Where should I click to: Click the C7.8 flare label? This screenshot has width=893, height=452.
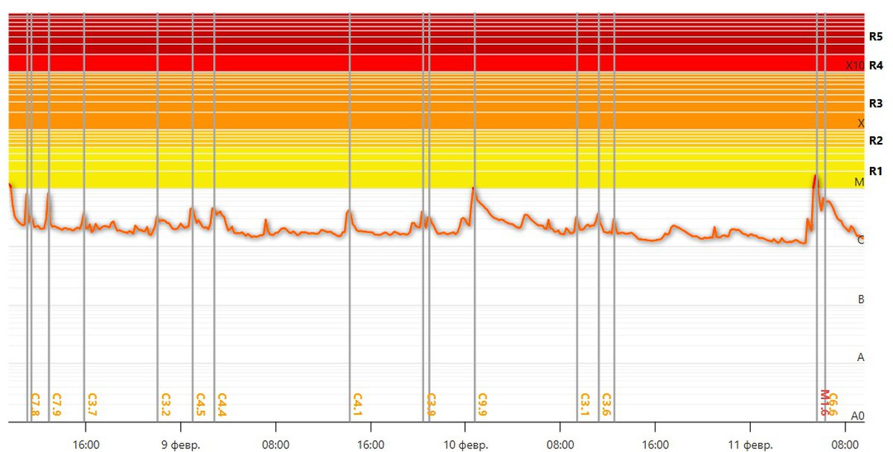tap(35, 404)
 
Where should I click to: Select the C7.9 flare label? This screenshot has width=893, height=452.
tap(56, 404)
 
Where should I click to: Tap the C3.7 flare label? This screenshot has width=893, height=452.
tap(92, 404)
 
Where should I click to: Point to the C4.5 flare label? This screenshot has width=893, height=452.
tap(200, 404)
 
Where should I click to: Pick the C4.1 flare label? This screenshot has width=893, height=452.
tap(357, 404)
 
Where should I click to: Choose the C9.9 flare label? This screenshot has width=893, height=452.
tap(482, 404)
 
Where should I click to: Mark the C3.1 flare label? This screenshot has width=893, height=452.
tap(584, 404)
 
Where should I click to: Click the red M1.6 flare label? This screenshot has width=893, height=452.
tap(825, 403)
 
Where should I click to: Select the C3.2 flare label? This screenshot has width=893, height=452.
tap(165, 404)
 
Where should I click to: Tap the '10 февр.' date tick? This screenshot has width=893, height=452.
tap(465, 445)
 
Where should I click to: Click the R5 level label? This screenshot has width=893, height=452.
tap(876, 36)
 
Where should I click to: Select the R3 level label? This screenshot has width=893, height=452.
tap(876, 104)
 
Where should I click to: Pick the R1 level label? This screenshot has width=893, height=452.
tap(876, 171)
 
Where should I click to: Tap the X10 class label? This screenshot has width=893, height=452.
tap(854, 66)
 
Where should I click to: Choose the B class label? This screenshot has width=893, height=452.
tap(861, 299)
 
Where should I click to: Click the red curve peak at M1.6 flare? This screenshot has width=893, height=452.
tap(816, 176)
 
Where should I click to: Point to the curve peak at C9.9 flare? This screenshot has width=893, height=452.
tap(473, 188)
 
